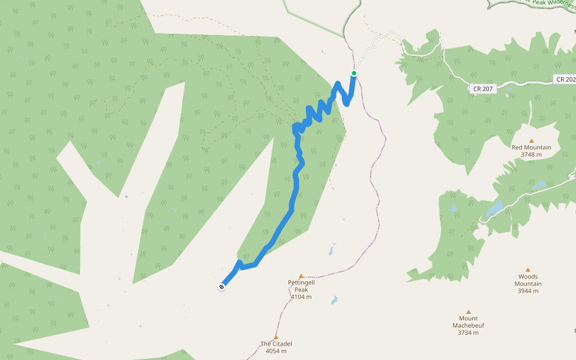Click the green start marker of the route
tap(354, 73)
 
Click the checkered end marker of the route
tap(222, 287)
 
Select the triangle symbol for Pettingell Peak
tap(301, 277)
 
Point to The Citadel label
tap(276, 344)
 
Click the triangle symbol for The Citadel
tap(276, 337)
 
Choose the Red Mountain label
tap(531, 147)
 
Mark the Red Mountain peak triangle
tap(531, 125)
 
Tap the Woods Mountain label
tap(528, 280)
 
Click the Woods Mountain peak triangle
tap(528, 270)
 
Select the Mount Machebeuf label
tap(468, 322)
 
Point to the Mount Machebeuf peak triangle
tap(468, 312)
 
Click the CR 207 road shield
tap(482, 89)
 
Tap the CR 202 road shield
tap(565, 79)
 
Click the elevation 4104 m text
tap(301, 297)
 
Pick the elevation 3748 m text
tap(531, 155)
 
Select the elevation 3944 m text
tap(528, 291)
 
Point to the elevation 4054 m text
tap(276, 352)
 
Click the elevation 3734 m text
tap(468, 332)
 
